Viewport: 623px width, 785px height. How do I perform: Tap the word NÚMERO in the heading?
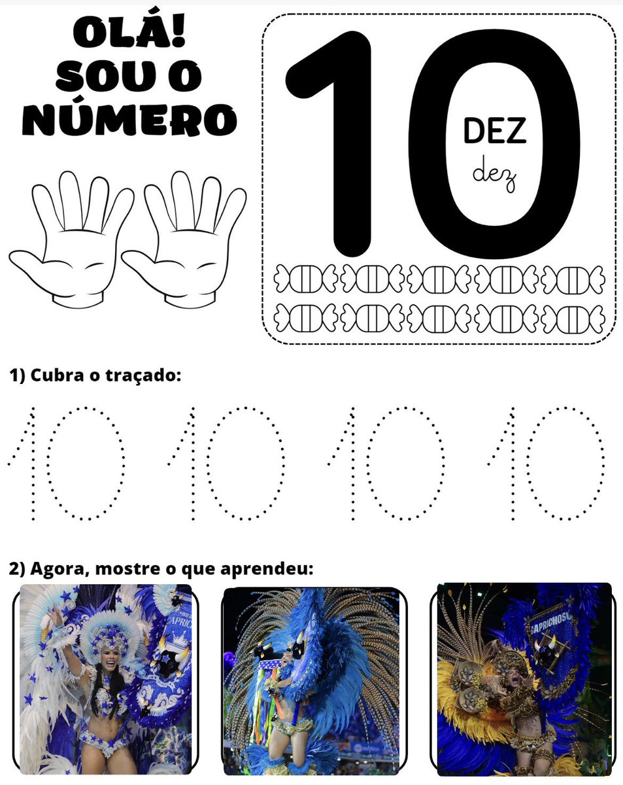(129, 120)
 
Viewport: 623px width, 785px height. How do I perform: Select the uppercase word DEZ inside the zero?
(495, 131)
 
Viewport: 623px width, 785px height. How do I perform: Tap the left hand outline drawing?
(69, 239)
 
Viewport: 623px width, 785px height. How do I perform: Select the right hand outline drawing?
(182, 239)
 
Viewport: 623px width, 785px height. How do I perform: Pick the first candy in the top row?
(305, 279)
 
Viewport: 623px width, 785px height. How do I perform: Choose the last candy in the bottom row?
(573, 319)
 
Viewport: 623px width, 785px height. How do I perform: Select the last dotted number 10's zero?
(527, 463)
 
